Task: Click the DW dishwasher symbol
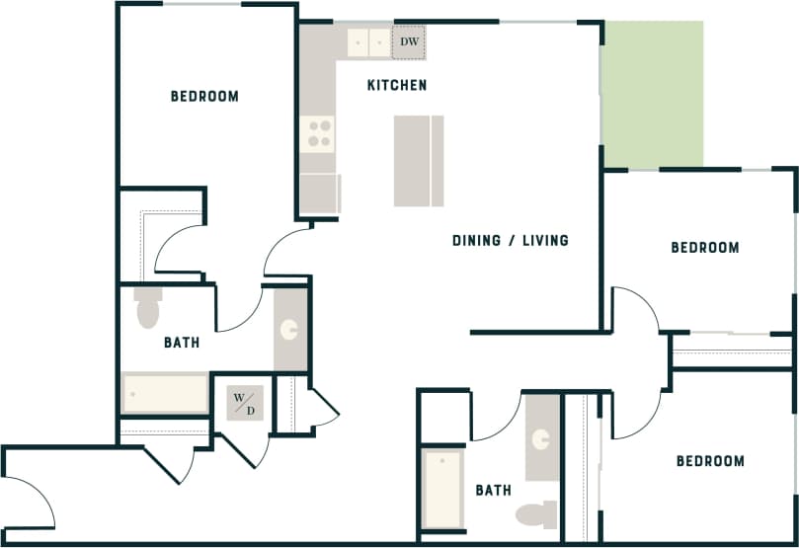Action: [x=409, y=42]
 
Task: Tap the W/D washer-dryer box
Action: [x=244, y=403]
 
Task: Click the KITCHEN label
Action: [x=397, y=85]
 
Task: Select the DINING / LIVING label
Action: [x=510, y=240]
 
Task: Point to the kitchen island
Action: [x=418, y=161]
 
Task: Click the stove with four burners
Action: [x=319, y=133]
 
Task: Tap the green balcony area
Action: [x=653, y=94]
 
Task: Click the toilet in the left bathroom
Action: [x=147, y=307]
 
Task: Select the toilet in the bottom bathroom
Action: [x=536, y=514]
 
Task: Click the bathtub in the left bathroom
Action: [x=165, y=392]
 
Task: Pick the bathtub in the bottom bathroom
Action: [x=442, y=490]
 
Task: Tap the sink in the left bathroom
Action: [x=289, y=330]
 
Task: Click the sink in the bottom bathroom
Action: [x=541, y=438]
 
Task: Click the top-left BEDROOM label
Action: [x=204, y=96]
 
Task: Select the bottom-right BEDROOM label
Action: [x=710, y=461]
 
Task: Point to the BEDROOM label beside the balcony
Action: [x=705, y=247]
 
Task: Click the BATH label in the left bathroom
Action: [x=182, y=343]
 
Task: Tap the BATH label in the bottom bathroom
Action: [x=493, y=490]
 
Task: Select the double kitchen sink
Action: [x=369, y=42]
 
